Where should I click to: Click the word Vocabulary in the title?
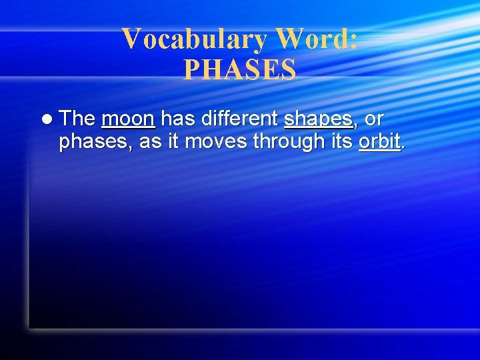193,39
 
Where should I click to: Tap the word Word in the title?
310,39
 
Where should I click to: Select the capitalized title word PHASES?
240,70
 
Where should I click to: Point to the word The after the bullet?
77,119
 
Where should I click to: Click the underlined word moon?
128,119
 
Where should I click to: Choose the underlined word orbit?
379,142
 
